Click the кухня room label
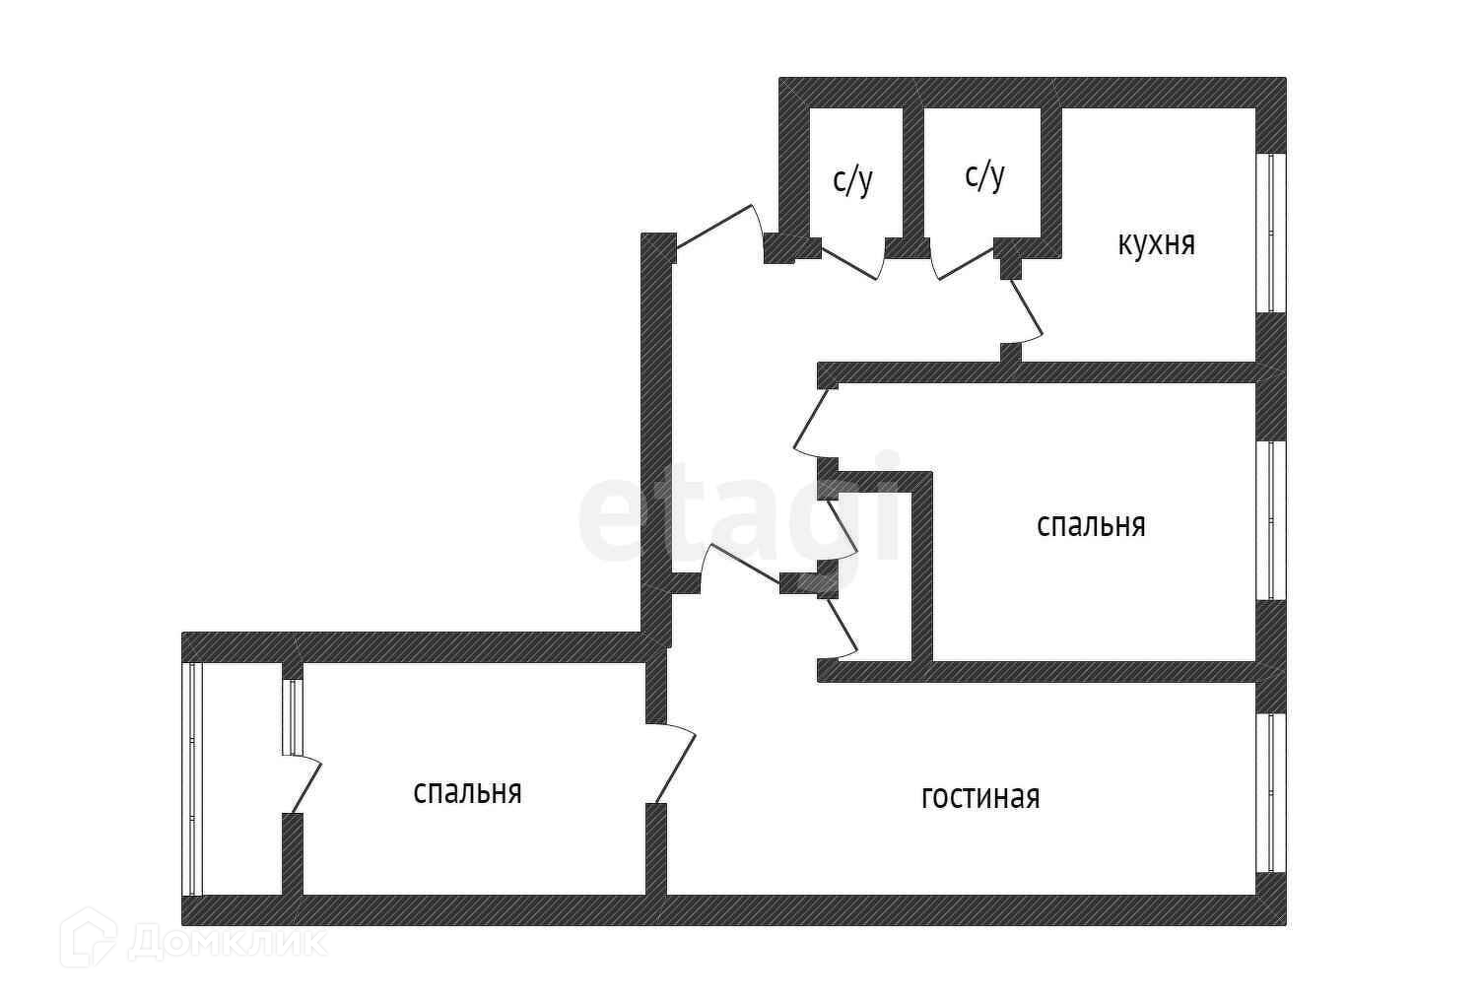click(x=1157, y=243)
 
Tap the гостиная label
click(x=980, y=797)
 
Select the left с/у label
click(x=852, y=180)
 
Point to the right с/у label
click(x=984, y=175)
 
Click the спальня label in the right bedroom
click(x=1091, y=525)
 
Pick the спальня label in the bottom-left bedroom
click(x=467, y=791)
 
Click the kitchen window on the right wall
click(x=1271, y=233)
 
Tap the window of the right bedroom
click(x=1271, y=521)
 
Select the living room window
click(x=1271, y=793)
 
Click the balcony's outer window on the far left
click(x=192, y=779)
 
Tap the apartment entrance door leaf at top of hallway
click(x=713, y=227)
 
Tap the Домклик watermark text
click(x=227, y=942)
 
